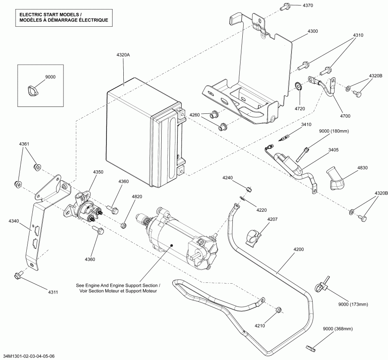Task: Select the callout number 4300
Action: [313, 31]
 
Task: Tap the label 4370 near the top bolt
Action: [307, 5]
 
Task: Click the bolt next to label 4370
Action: [285, 6]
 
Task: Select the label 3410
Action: [306, 124]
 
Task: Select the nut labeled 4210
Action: [278, 310]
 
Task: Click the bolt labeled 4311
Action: [19, 274]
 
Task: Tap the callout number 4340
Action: [14, 221]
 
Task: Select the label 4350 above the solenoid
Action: [98, 172]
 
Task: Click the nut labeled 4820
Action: [124, 225]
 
